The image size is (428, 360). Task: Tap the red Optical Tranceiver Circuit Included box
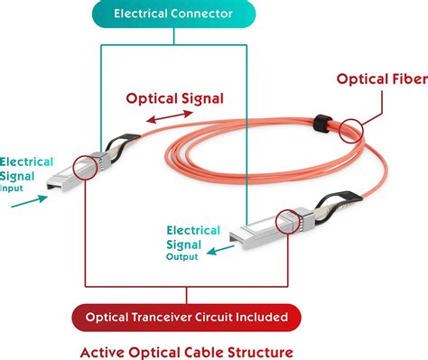tap(187, 317)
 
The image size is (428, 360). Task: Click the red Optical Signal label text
tap(174, 98)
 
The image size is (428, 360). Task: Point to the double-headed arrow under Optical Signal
tap(170, 118)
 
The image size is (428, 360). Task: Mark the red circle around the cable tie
tap(347, 128)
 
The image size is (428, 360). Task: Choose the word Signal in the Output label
tap(183, 244)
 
